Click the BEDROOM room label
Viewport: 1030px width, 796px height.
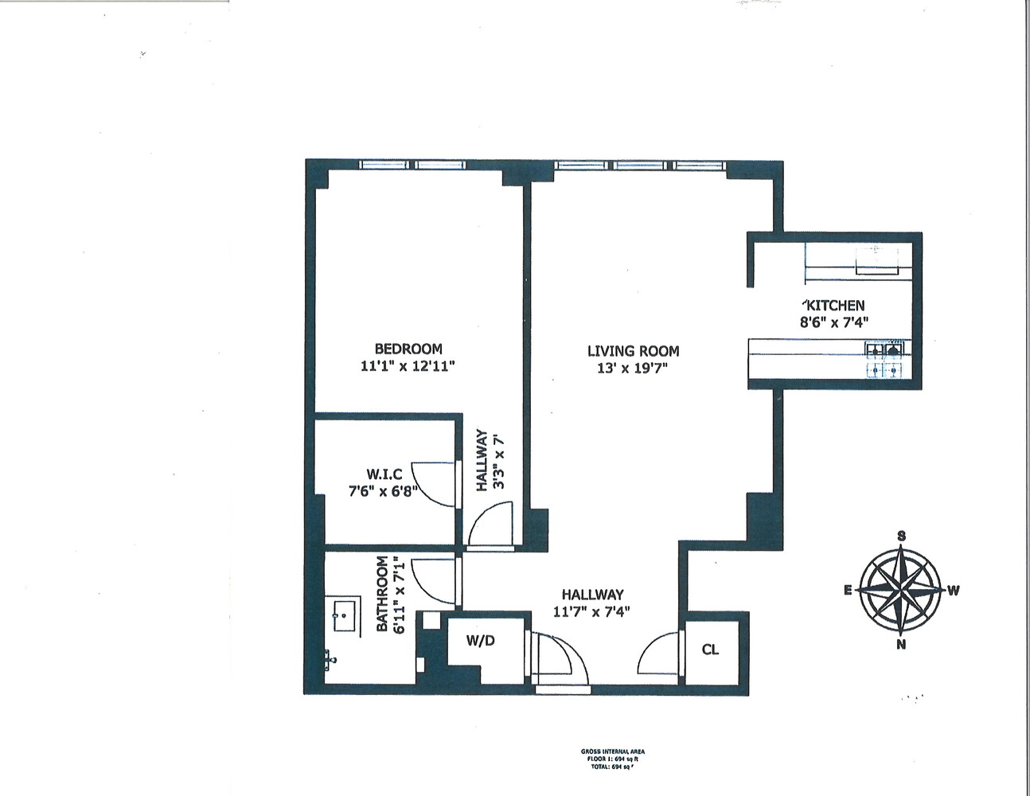coord(408,349)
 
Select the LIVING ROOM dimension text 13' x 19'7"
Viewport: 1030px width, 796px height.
coord(634,369)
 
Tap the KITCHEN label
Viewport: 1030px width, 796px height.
coord(833,305)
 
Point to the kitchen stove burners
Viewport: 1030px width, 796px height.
coord(885,359)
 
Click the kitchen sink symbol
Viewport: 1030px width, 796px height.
coord(876,259)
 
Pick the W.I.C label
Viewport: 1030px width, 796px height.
coord(384,474)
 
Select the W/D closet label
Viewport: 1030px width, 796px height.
coord(481,640)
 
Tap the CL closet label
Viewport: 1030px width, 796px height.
coord(710,650)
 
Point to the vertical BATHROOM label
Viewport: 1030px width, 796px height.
coord(382,594)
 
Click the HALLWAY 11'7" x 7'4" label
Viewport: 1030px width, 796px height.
coord(592,603)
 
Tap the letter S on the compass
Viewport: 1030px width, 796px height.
coord(901,536)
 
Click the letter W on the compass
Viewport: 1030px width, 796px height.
coord(953,591)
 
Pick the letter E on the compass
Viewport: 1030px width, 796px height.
coord(849,590)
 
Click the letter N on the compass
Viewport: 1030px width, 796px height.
coord(901,645)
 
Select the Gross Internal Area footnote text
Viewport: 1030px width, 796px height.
coord(618,758)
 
